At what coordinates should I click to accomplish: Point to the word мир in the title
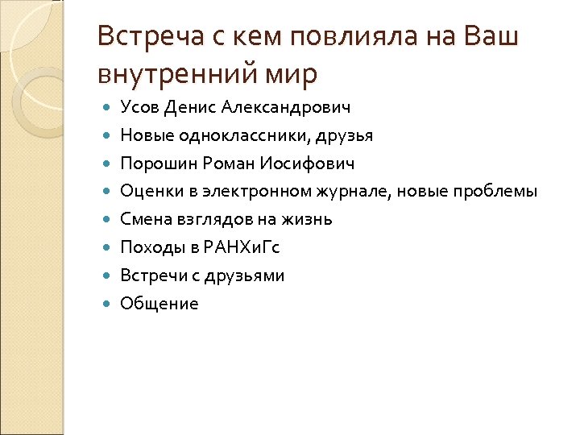[x=293, y=74]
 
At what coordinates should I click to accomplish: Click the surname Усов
[x=140, y=106]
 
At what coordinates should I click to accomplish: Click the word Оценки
[x=147, y=191]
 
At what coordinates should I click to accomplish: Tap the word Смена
[x=142, y=219]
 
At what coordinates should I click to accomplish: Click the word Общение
[x=159, y=304]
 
